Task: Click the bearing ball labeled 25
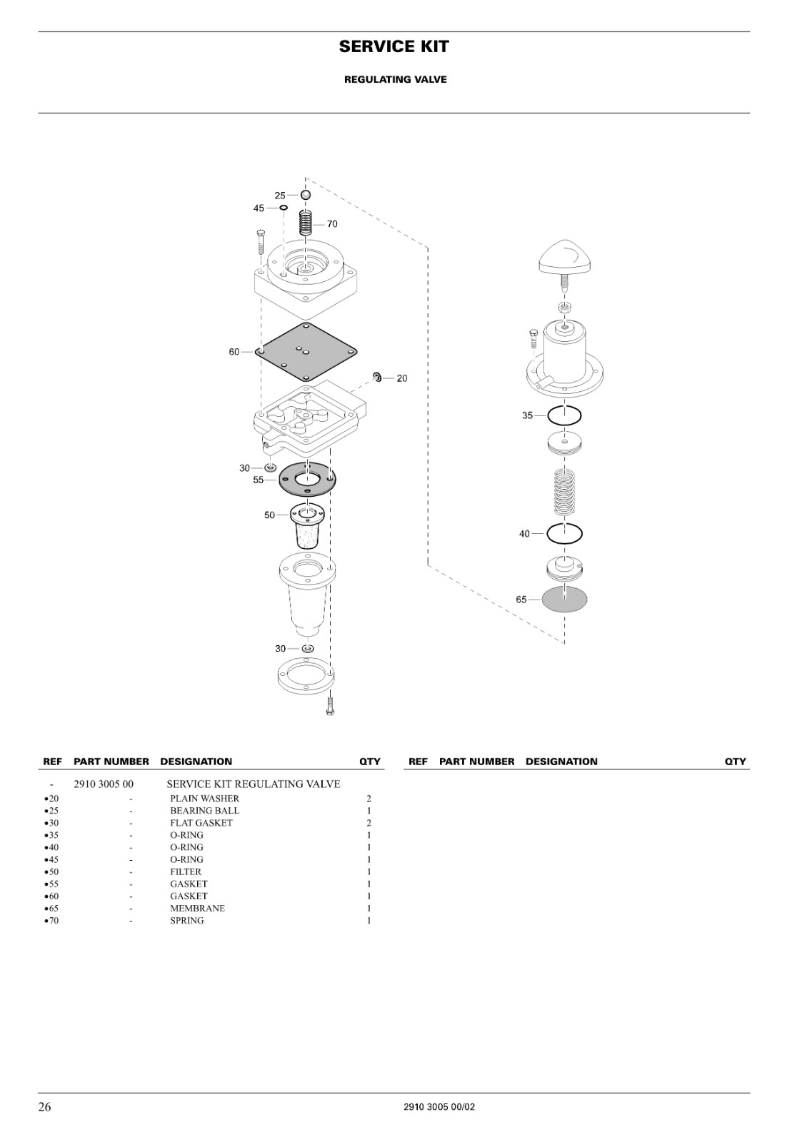click(306, 195)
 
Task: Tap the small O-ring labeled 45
click(283, 208)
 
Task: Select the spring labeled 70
click(306, 223)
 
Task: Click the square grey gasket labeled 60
click(306, 352)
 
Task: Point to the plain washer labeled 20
click(377, 378)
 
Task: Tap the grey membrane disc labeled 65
click(564, 600)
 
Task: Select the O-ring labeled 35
click(548, 415)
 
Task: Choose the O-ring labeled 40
click(547, 534)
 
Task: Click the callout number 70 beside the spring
click(332, 224)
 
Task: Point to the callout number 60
click(234, 352)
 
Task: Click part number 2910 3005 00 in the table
click(104, 784)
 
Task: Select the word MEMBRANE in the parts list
click(197, 908)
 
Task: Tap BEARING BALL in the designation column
click(204, 810)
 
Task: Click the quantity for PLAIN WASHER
click(369, 799)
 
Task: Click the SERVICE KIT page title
click(394, 46)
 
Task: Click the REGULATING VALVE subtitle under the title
click(396, 79)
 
